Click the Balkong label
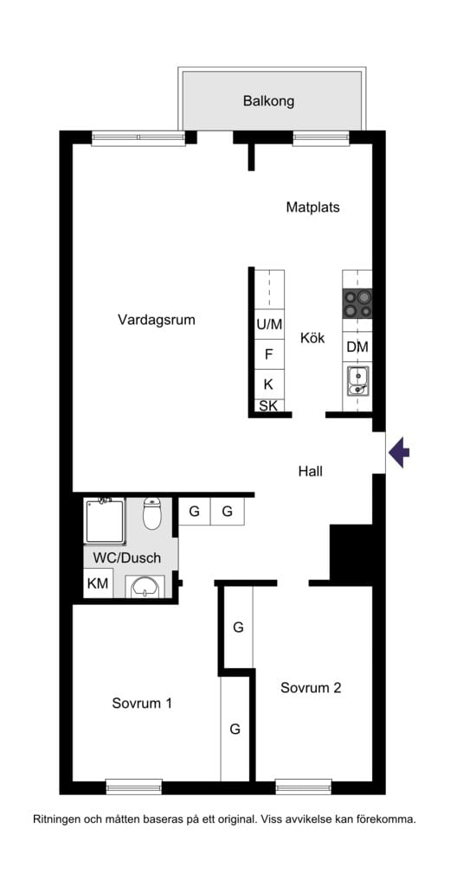(x=268, y=102)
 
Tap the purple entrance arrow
(x=399, y=452)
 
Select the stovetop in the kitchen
(x=357, y=303)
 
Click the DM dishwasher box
(x=357, y=347)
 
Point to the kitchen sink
(x=357, y=380)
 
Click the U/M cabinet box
(x=269, y=325)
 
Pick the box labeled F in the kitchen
(x=269, y=354)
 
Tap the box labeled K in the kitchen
(x=269, y=384)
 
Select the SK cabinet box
(x=269, y=405)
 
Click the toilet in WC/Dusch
(x=151, y=513)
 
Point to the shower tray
(x=104, y=520)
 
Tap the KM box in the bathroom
(x=98, y=584)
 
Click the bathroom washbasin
(x=145, y=587)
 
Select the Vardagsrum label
(x=157, y=320)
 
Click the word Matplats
(x=312, y=207)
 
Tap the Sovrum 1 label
(x=142, y=703)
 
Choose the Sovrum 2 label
(x=311, y=688)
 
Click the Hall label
(x=311, y=472)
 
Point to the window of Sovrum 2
(x=304, y=787)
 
